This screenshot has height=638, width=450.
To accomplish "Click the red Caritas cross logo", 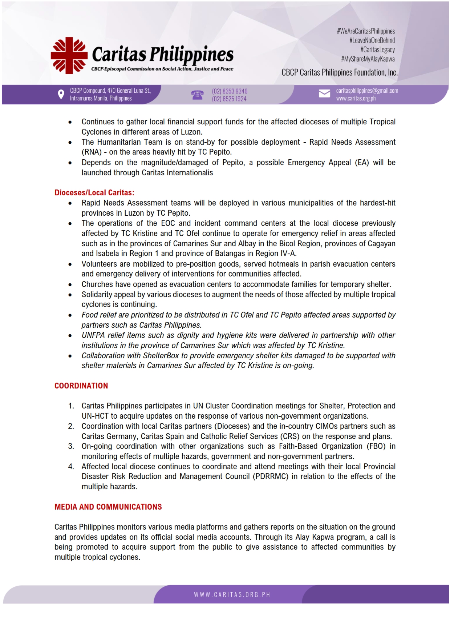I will point(69,56).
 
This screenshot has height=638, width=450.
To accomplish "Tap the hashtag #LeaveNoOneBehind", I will point(372,40).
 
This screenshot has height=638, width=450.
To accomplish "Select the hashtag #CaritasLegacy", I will point(377,49).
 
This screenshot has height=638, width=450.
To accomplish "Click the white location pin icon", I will point(61,95).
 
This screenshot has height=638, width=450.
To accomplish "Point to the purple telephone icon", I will point(197,95).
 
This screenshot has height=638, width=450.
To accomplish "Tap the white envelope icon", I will point(324,94).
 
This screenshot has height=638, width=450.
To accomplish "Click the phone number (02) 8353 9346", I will point(230,91).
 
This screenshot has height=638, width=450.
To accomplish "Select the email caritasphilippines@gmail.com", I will point(367,91).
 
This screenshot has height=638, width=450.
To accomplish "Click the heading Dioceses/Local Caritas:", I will point(94,193).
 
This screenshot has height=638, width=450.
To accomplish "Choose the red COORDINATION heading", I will point(81,386).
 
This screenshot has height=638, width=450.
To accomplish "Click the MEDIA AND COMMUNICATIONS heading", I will point(108,507).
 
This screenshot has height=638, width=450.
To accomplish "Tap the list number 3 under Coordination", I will point(71,446).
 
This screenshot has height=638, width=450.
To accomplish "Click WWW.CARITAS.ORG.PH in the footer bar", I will point(232,595).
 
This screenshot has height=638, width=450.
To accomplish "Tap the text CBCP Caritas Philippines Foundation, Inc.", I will point(340,72).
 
